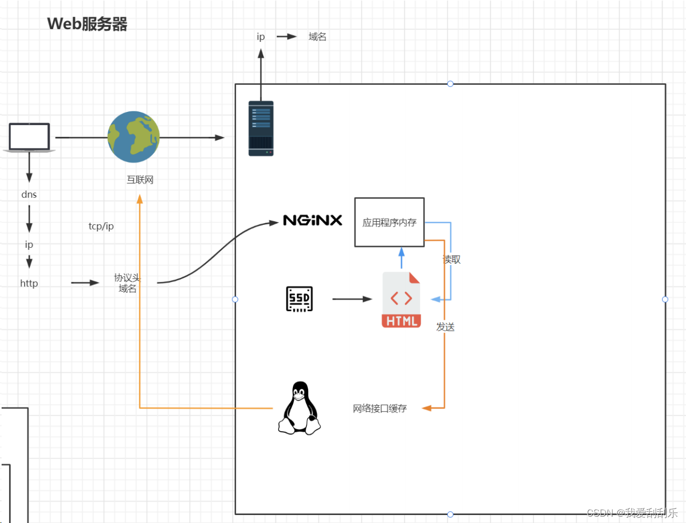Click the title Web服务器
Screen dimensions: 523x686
[x=87, y=24]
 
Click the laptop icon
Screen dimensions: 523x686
[x=29, y=138]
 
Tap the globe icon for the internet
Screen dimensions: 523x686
[x=133, y=137]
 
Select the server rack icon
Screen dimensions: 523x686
[x=261, y=128]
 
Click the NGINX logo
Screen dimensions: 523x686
[x=312, y=220]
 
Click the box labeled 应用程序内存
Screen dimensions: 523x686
[x=389, y=222]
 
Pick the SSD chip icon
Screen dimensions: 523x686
[x=299, y=299]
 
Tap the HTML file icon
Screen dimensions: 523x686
[x=401, y=300]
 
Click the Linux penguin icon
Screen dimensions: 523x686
[x=299, y=408]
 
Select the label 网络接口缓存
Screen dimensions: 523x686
[x=379, y=408]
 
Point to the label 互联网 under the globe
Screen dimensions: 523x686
[x=140, y=180]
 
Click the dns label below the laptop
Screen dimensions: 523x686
[x=29, y=195]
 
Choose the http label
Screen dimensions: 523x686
[x=29, y=283]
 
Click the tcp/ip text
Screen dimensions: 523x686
[x=101, y=226]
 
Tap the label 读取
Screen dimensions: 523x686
[x=453, y=259]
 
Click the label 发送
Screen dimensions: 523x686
[x=445, y=327]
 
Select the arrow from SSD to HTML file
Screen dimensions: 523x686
[x=352, y=299]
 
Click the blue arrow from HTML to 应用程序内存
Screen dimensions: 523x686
[x=401, y=258]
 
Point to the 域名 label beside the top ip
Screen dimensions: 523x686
[x=317, y=37]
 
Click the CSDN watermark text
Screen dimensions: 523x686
[x=632, y=512]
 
